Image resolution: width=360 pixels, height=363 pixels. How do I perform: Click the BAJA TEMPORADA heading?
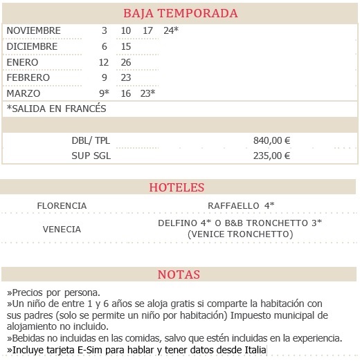[x=180, y=13]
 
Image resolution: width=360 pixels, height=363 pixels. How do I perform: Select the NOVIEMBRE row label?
[x=33, y=31]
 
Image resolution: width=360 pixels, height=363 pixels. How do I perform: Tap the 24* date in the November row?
[x=170, y=31]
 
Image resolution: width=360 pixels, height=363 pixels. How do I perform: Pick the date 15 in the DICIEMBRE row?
[x=125, y=46]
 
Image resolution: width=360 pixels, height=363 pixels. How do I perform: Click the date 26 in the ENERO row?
[x=125, y=62]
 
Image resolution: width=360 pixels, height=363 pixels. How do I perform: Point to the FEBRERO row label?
[x=30, y=78]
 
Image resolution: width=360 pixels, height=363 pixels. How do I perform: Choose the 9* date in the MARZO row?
[x=105, y=93]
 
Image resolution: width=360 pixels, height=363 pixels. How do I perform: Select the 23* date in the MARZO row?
[x=147, y=93]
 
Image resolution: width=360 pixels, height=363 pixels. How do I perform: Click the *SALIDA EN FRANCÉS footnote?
[x=56, y=109]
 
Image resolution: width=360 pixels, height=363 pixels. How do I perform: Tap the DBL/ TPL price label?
[x=91, y=140]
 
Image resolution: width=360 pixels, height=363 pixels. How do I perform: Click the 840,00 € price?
[x=271, y=140]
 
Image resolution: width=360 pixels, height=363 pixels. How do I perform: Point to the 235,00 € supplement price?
[x=271, y=156]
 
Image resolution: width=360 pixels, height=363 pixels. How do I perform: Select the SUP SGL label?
[x=91, y=156]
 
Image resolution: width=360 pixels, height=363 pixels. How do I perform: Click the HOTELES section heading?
[x=177, y=187]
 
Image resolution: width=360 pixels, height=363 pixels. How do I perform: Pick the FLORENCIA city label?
[x=62, y=206]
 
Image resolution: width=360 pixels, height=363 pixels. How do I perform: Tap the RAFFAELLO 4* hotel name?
[x=241, y=206]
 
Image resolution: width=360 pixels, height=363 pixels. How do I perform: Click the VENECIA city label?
[x=62, y=230]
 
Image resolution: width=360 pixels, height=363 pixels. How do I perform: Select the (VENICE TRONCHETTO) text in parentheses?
[x=240, y=234]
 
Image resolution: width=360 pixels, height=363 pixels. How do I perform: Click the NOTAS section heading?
[x=179, y=274]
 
